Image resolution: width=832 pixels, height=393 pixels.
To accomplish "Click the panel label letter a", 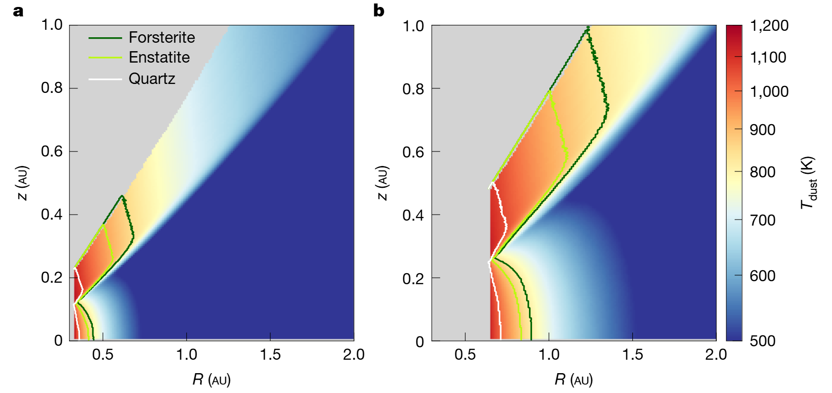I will click(x=18, y=11).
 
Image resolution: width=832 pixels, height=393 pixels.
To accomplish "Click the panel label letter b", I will click(x=378, y=11).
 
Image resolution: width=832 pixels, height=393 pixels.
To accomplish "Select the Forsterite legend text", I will click(x=161, y=37).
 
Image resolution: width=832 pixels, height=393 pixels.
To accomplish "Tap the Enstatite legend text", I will click(x=159, y=58).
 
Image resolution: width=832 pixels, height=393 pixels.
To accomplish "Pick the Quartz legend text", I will click(x=151, y=79).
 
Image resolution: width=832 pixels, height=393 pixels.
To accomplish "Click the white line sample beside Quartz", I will click(x=105, y=79).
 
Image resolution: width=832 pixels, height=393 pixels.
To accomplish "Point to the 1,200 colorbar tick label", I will click(x=769, y=25).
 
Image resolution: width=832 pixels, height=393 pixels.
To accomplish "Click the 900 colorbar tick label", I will click(x=762, y=130).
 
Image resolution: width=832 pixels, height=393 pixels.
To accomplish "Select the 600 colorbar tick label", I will click(x=762, y=276).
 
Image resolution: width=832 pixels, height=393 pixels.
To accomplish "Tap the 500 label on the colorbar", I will click(x=762, y=341).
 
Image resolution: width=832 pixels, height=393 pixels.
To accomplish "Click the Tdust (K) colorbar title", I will click(x=808, y=183).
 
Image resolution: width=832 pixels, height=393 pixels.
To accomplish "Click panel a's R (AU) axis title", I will click(x=212, y=380).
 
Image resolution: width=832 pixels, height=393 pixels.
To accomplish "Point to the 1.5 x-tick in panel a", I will click(x=270, y=354).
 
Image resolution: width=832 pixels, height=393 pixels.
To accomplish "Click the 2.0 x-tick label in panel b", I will click(x=716, y=354).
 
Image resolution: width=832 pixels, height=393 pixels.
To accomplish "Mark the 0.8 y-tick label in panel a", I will click(x=52, y=88).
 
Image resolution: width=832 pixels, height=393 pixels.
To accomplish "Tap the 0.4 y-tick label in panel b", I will click(x=413, y=215).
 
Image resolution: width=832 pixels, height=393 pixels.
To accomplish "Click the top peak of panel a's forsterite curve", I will click(x=121, y=196).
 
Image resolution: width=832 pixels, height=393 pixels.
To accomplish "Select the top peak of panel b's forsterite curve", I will click(x=588, y=28).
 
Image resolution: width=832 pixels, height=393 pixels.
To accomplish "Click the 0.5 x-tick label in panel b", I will click(x=465, y=354).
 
